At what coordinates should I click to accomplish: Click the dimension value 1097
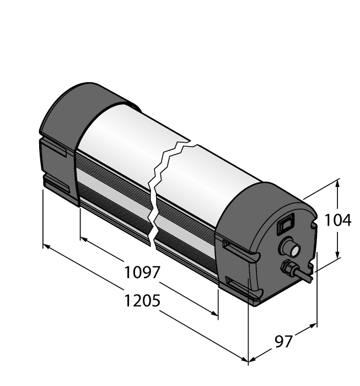coord(142,272)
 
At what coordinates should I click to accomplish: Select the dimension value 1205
coord(142,301)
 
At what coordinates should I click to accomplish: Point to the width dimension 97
coord(283,342)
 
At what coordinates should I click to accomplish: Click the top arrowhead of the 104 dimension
coord(338,183)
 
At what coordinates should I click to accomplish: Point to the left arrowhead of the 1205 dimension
coord(46,246)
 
